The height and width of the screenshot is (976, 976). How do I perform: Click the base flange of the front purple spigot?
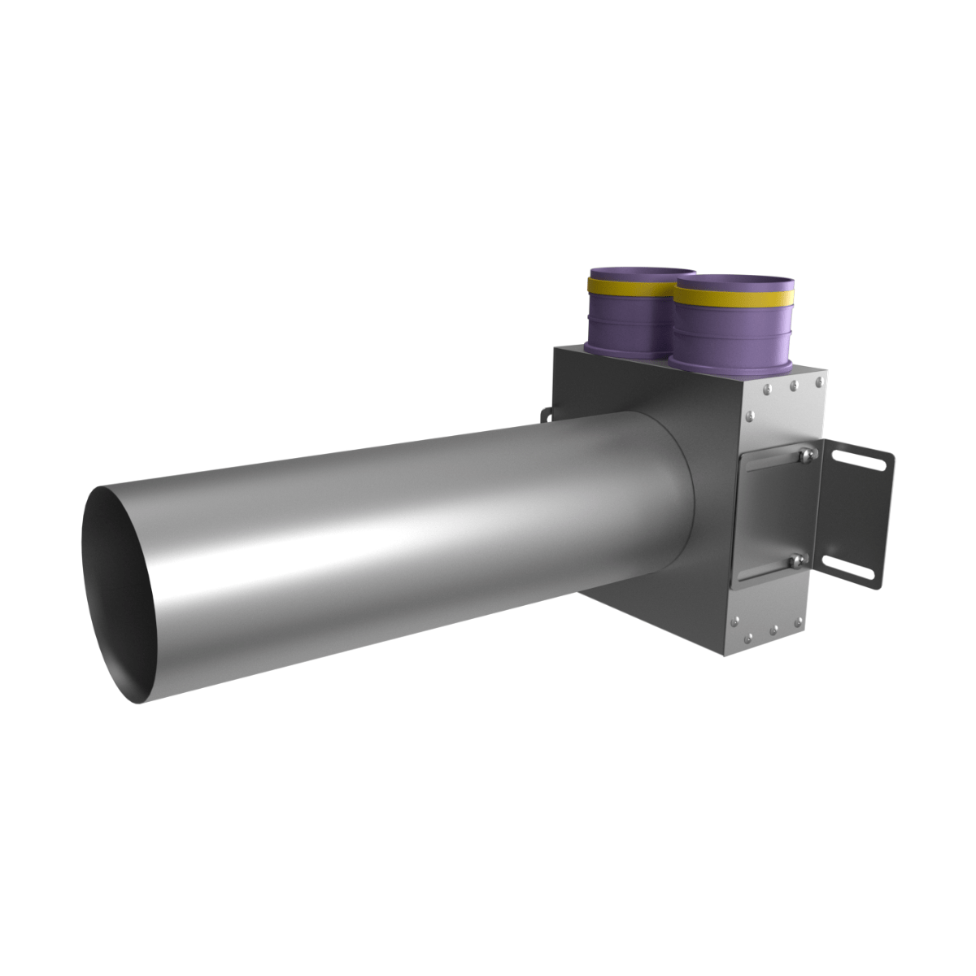(732, 370)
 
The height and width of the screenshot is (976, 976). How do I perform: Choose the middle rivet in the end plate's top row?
(791, 388)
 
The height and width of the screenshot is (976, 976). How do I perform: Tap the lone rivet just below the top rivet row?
(751, 416)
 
